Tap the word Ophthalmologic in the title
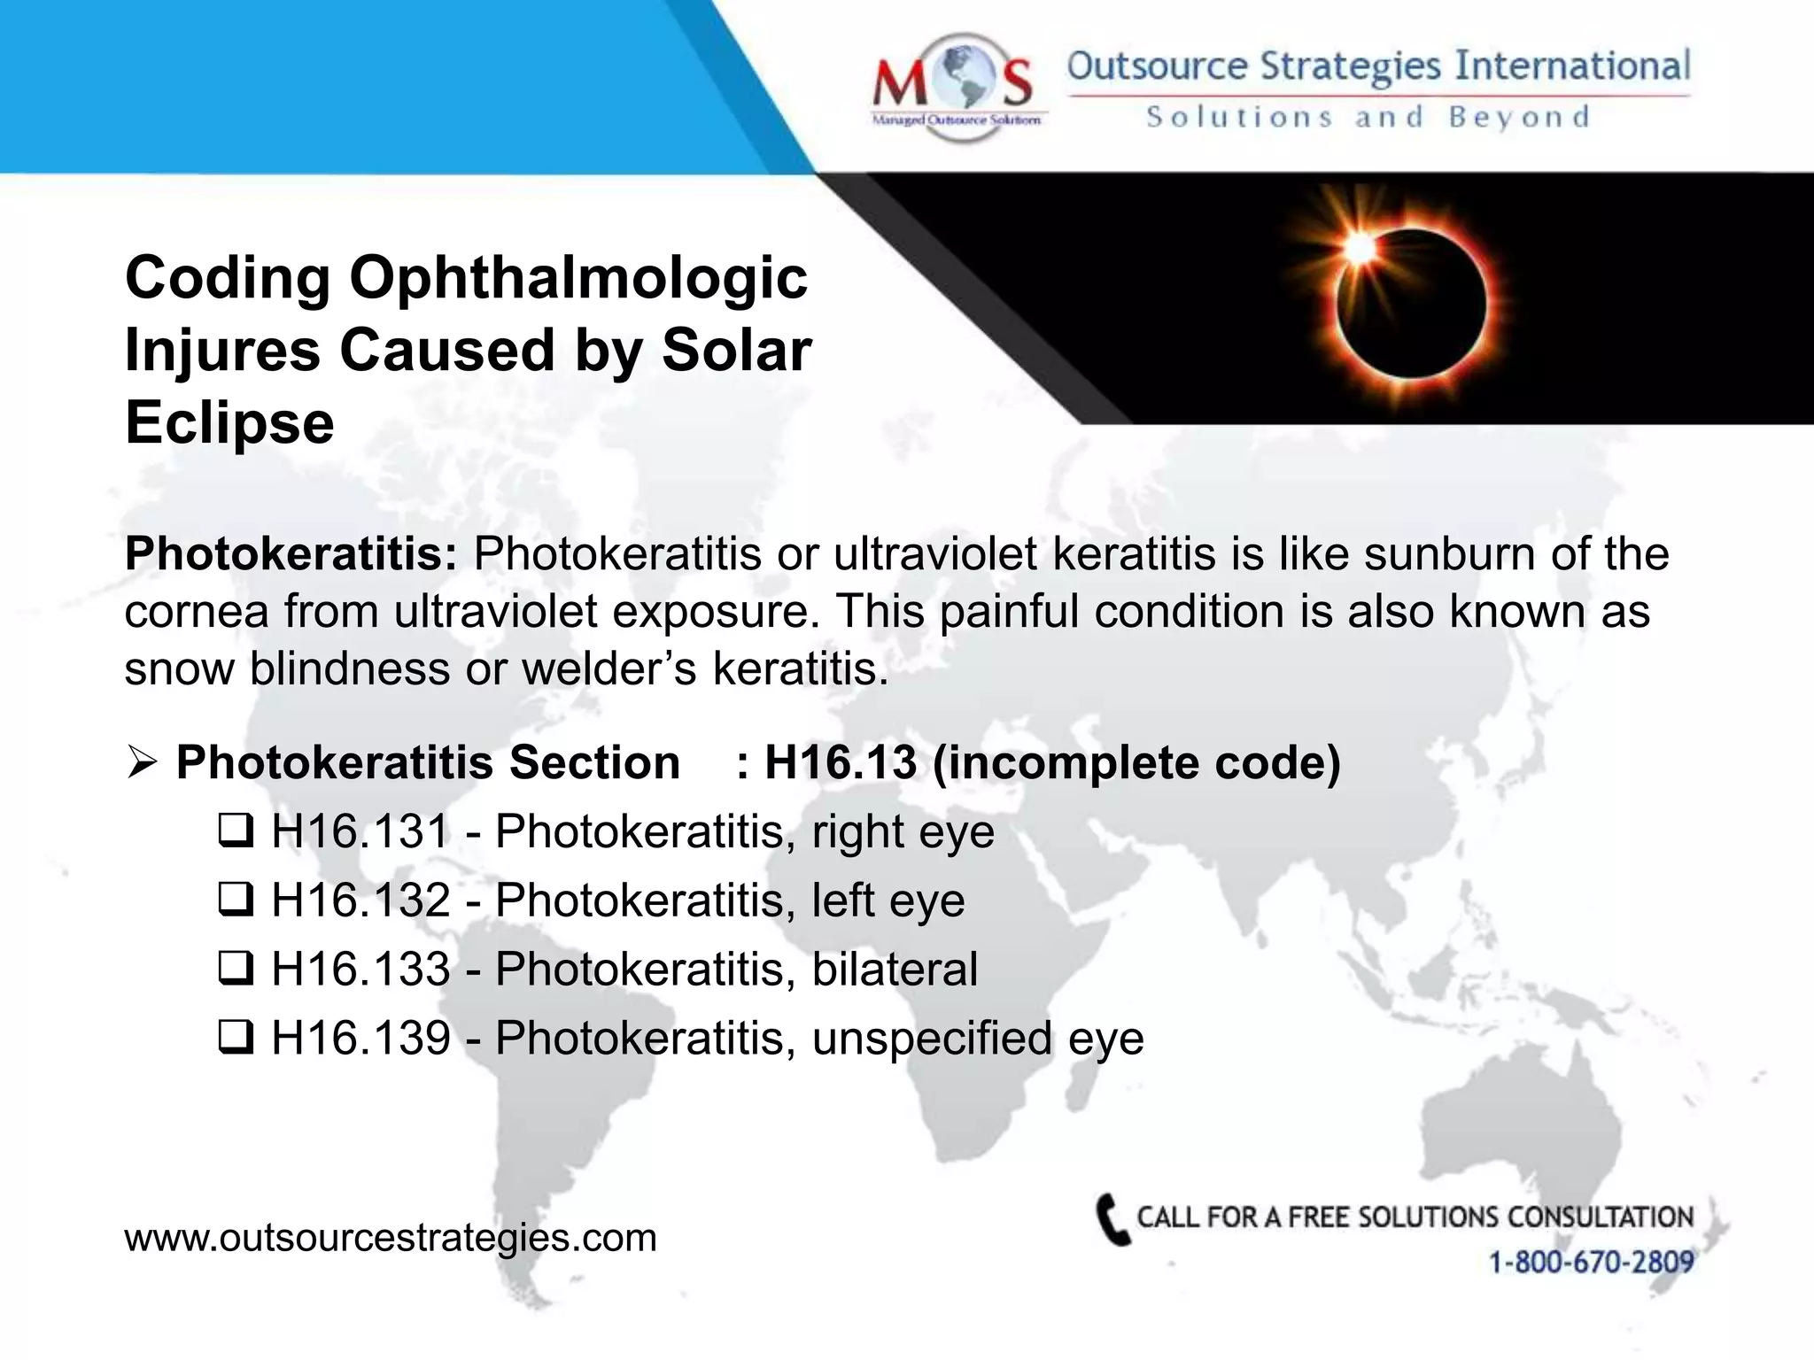point(578,278)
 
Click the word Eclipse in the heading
point(229,422)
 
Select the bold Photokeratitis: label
point(291,554)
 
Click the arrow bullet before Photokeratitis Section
point(142,762)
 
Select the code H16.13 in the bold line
point(840,762)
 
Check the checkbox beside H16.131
point(236,831)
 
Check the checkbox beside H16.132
point(236,900)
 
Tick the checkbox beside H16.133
point(236,969)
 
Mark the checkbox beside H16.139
point(236,1038)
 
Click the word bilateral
point(895,969)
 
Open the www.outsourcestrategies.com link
point(391,1238)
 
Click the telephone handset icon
point(1112,1220)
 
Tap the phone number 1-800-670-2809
point(1591,1262)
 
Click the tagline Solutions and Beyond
point(1368,117)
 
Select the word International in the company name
point(1573,66)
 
